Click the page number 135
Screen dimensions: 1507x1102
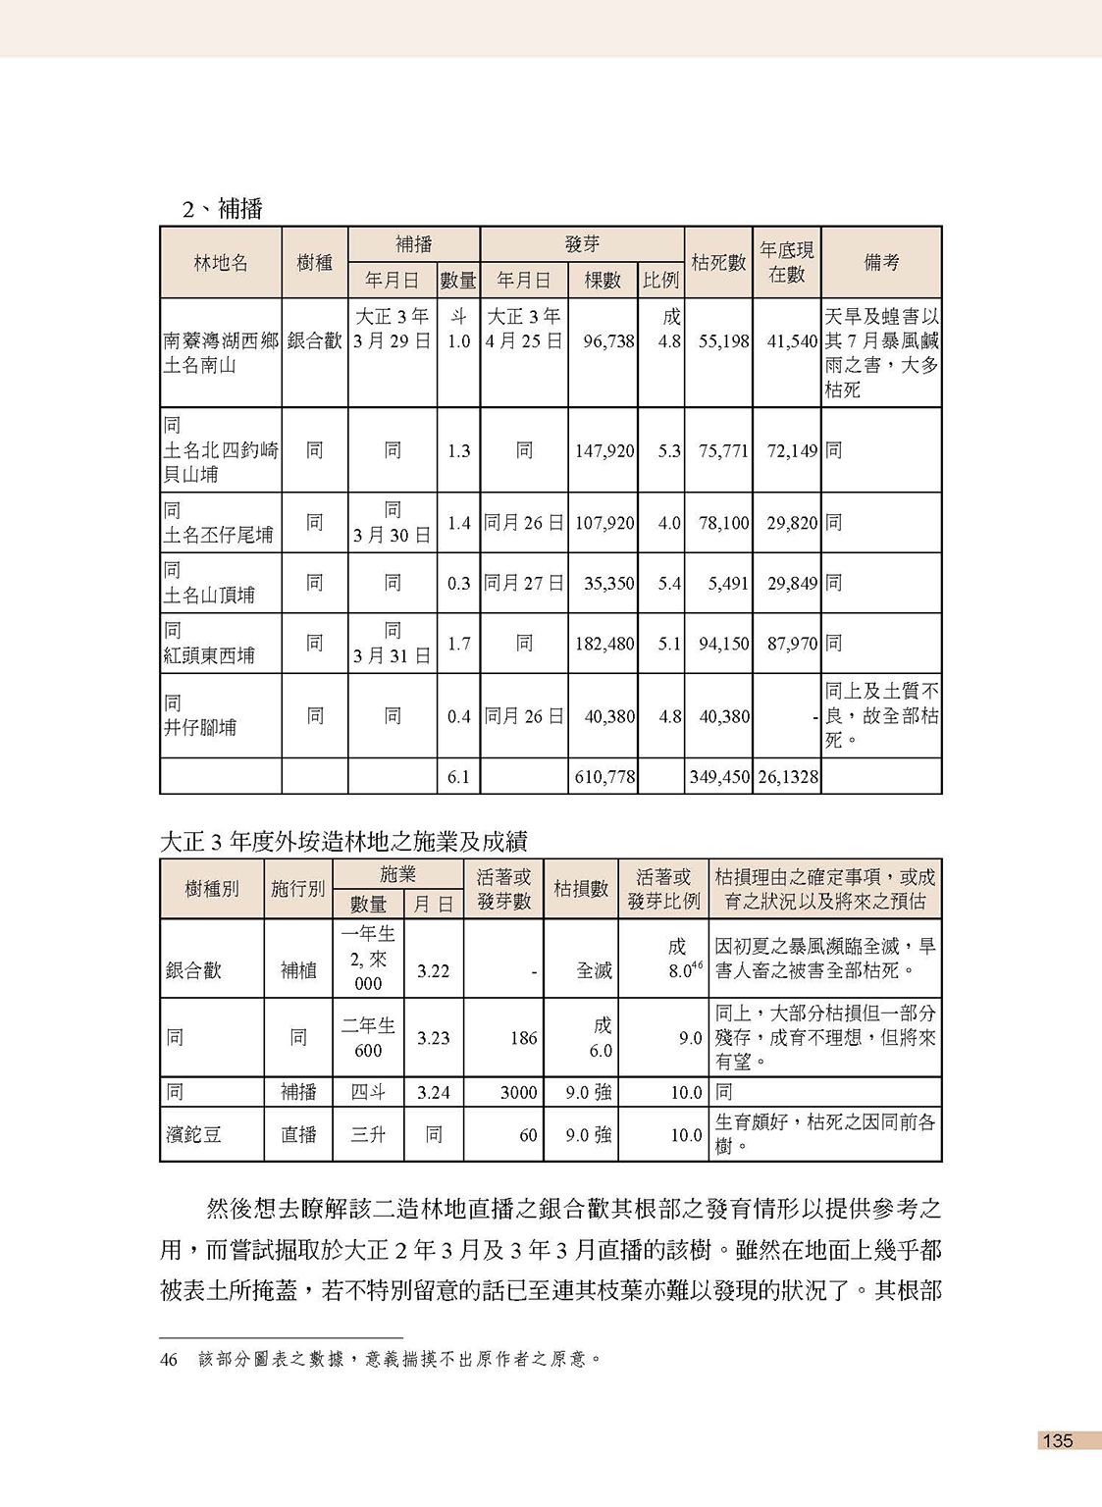click(1058, 1440)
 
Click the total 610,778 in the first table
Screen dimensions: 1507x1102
click(604, 777)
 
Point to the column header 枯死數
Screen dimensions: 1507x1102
click(718, 262)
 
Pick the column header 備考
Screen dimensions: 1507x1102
click(881, 262)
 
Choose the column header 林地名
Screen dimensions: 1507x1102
click(221, 262)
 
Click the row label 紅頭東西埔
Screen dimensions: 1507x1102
click(209, 655)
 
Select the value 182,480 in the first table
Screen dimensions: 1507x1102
click(604, 644)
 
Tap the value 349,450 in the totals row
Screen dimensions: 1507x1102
click(719, 777)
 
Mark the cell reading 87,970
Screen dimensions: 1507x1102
click(792, 644)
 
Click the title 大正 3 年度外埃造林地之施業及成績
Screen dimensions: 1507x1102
click(343, 842)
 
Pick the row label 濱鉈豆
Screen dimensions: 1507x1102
click(194, 1135)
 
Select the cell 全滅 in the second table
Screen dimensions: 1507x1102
click(594, 970)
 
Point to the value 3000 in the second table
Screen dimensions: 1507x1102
click(518, 1092)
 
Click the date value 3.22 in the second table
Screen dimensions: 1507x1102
click(433, 970)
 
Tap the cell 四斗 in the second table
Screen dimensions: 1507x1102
click(368, 1092)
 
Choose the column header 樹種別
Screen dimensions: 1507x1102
click(212, 889)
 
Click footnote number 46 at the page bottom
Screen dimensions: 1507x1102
click(169, 1360)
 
